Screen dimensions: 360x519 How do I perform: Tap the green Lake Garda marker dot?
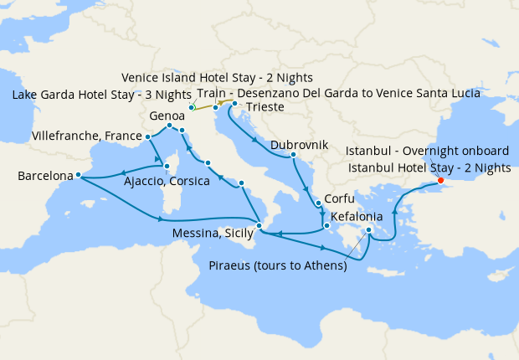point(192,107)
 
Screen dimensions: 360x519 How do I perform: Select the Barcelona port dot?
point(77,175)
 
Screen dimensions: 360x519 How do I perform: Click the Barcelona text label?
point(44,177)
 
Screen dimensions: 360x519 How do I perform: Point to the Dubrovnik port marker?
point(293,155)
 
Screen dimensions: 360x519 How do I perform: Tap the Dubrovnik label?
point(299,144)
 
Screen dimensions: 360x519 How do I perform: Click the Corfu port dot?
point(318,203)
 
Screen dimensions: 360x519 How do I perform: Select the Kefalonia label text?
point(357,216)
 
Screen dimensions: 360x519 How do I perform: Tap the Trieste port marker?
point(234,104)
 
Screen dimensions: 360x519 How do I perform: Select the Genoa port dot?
point(169,126)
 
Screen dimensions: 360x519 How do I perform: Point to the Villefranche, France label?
point(86,135)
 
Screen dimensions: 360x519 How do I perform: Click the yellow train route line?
point(204,107)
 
